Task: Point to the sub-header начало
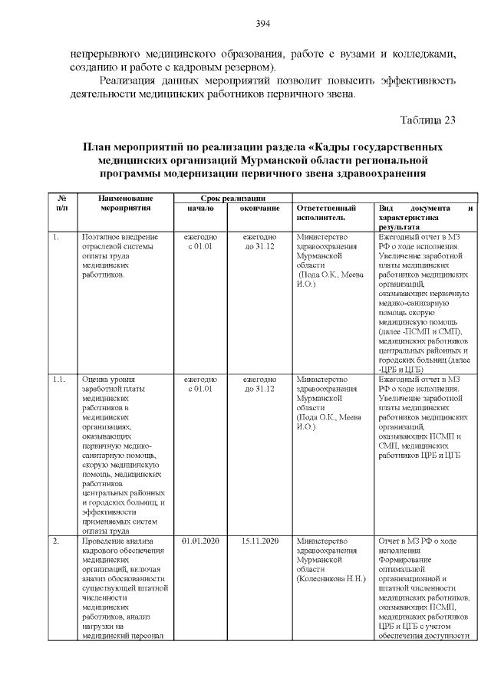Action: (200, 208)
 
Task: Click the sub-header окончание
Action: (259, 208)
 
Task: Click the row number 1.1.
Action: (59, 379)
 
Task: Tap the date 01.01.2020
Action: (200, 541)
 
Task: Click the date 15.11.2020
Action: (259, 541)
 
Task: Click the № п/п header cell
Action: (62, 202)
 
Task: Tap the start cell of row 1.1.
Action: (200, 383)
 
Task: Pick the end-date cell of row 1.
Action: (259, 243)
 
